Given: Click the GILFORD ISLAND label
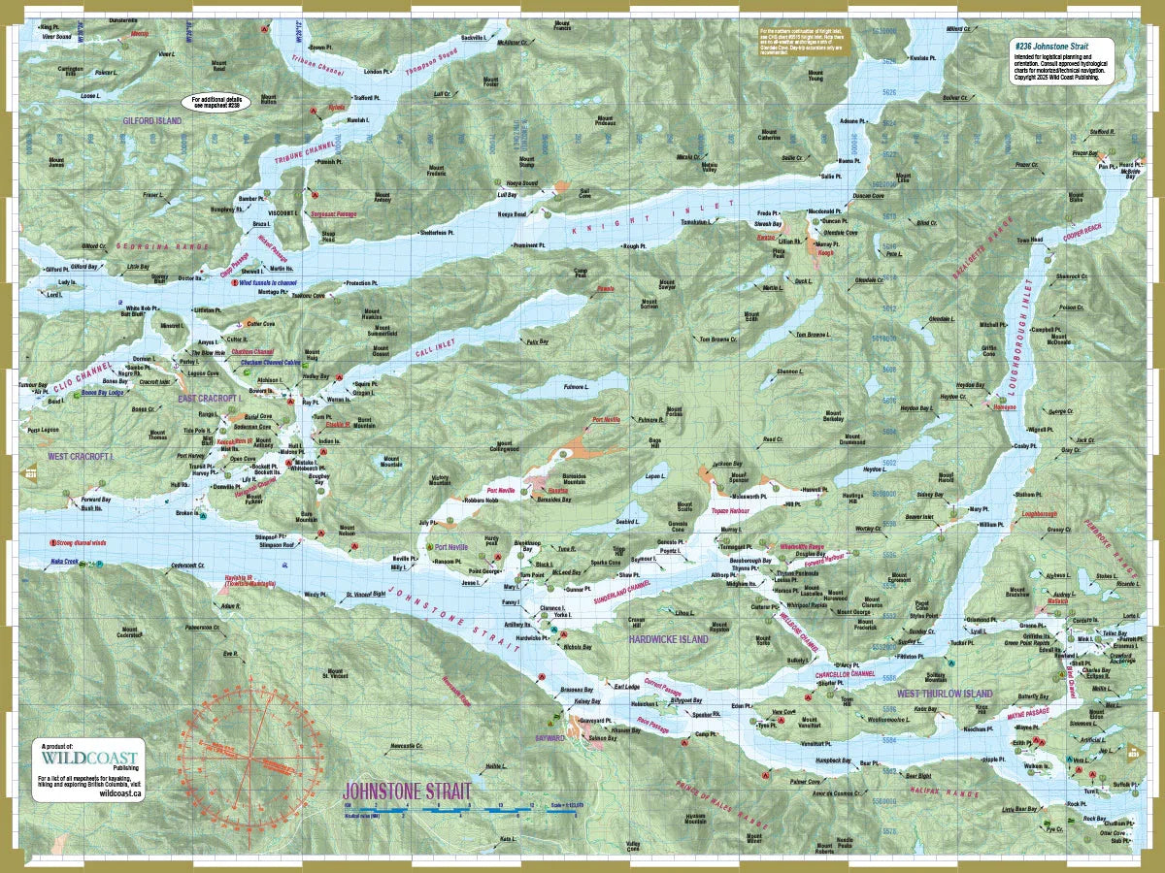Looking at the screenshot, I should click(x=151, y=120).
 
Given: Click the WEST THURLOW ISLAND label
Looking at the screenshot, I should click(x=945, y=694).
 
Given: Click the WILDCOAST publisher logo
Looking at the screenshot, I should click(x=89, y=758).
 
